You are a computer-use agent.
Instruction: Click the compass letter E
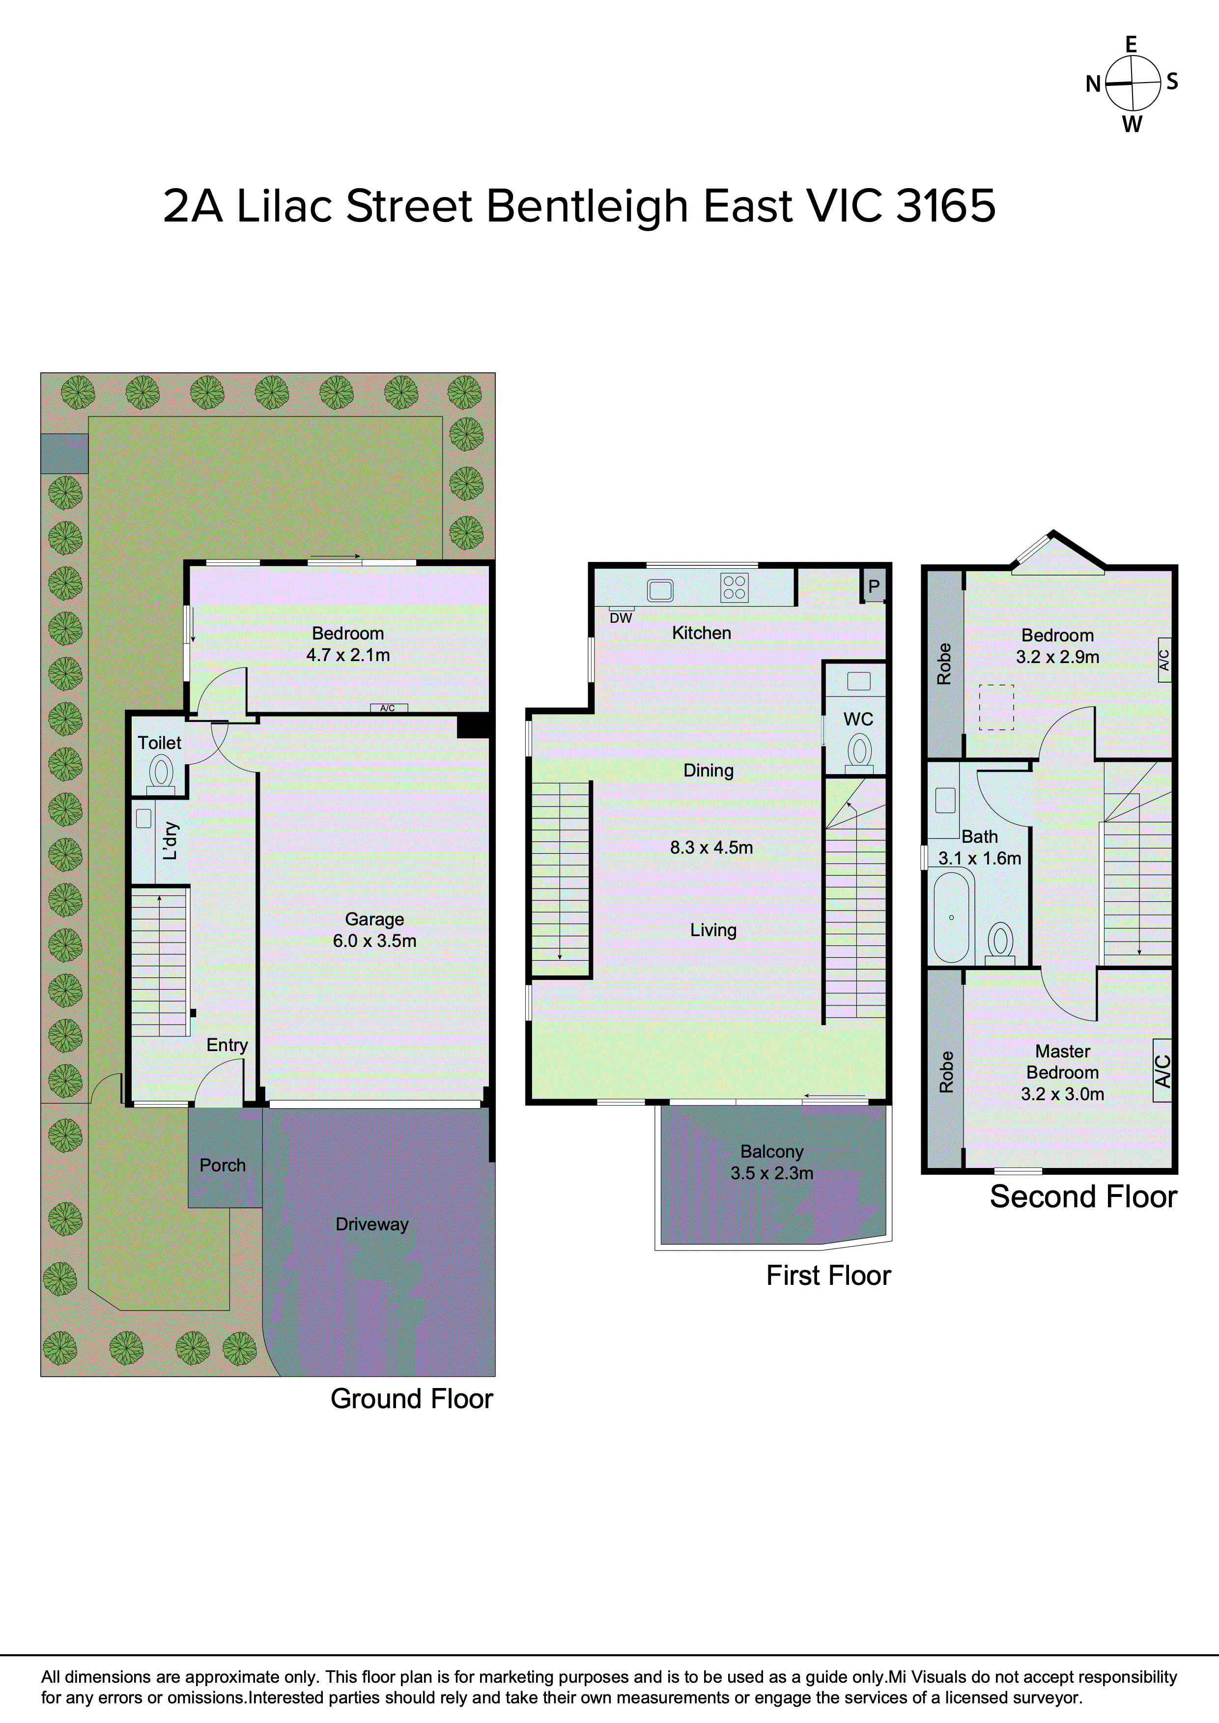coord(1131,45)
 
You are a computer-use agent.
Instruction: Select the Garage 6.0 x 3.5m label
coord(374,930)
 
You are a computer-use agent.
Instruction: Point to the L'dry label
coord(170,840)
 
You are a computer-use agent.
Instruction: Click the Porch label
coord(222,1165)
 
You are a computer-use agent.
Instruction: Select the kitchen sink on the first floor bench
coord(660,590)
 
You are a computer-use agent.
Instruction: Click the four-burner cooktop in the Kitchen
coord(734,587)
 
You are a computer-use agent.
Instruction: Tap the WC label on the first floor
coord(858,719)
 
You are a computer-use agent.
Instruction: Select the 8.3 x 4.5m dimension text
coord(711,847)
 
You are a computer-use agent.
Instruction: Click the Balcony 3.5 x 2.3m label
coord(771,1162)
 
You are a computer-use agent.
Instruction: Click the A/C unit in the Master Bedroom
coord(1162,1070)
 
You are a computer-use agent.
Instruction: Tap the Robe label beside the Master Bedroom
coord(946,1072)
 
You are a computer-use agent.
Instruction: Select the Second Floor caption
coord(1082,1196)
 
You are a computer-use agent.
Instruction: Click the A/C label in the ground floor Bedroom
coord(388,708)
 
